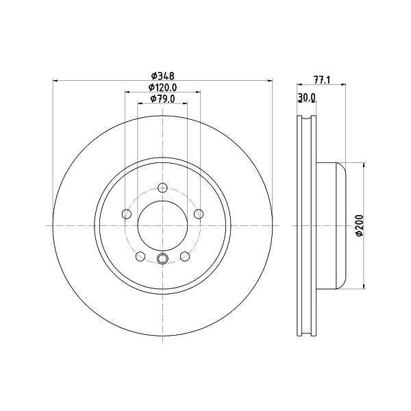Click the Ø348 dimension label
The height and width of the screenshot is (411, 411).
point(162,76)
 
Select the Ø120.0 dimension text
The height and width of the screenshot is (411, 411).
point(162,87)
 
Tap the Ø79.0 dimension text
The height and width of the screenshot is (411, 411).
point(162,99)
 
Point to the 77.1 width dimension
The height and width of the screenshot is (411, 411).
point(322,80)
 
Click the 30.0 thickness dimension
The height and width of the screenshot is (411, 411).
point(307,97)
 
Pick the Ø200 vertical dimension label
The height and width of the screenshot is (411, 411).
point(360,225)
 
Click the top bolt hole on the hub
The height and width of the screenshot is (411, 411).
point(163,188)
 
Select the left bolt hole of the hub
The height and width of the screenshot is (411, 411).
point(127,214)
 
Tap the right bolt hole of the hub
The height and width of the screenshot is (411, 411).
point(199,214)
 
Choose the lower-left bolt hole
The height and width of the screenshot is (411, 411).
point(140,256)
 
